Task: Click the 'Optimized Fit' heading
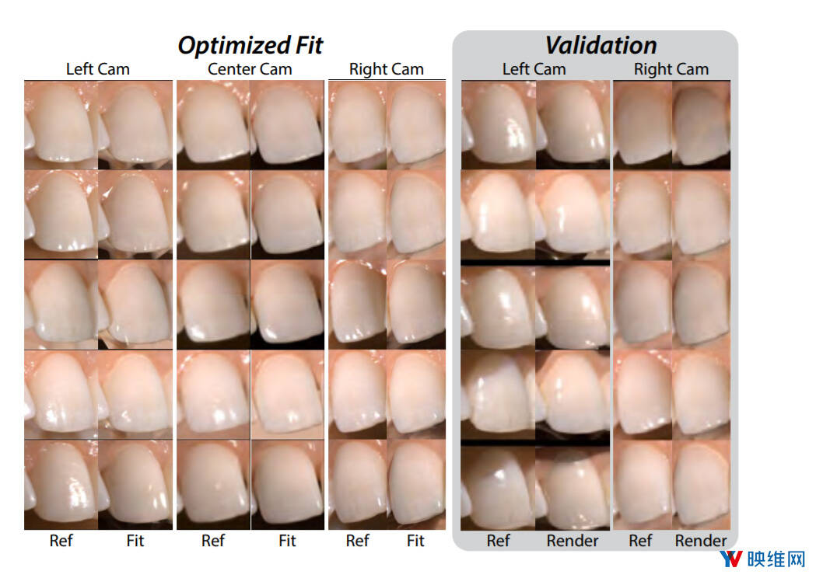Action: coord(250,44)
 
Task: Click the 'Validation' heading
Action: coord(600,44)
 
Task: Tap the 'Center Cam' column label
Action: coord(250,69)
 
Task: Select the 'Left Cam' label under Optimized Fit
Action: coord(97,69)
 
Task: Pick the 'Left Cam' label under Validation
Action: coord(534,69)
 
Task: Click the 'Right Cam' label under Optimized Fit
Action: coord(386,69)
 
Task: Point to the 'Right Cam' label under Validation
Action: coord(671,69)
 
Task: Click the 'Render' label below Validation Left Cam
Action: coord(573,541)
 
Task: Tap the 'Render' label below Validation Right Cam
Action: coord(700,541)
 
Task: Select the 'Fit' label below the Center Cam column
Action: coord(287,541)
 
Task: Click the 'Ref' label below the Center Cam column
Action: coord(212,541)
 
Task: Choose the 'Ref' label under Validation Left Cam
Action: coord(498,541)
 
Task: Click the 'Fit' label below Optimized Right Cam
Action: coord(415,541)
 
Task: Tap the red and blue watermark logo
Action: coord(731,560)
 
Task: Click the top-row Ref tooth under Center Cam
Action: coord(213,124)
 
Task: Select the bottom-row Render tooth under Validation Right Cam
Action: coord(701,486)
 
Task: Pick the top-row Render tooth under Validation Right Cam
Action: coord(701,124)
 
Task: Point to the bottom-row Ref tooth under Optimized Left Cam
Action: coord(61,486)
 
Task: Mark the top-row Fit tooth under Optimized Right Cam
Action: coord(416,124)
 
